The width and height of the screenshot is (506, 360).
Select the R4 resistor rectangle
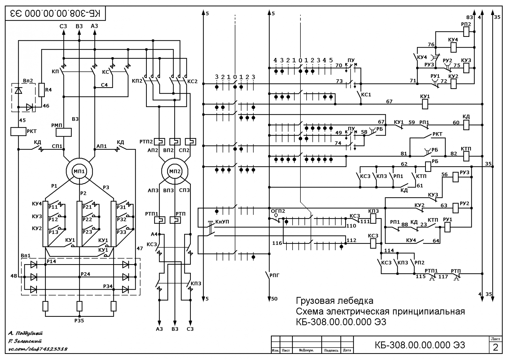pos(42,90)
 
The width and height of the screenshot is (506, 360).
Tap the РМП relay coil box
pos(64,132)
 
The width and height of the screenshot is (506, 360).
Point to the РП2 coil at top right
pos(466,32)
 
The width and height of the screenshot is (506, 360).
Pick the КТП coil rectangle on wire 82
pos(466,156)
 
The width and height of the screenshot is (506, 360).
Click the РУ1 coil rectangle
pos(447,227)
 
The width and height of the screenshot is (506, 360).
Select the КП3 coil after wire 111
pos(373,219)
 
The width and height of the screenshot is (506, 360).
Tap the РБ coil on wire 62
pos(428,166)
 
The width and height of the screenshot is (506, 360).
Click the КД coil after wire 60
pos(466,125)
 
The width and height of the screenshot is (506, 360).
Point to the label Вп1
pos(26,255)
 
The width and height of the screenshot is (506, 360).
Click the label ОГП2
pos(278,211)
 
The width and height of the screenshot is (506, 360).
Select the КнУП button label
pos(222,222)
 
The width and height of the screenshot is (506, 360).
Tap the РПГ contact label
pos(274,275)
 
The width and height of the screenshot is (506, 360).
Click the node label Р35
pos(79,321)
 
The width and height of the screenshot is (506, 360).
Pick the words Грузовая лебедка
pos(334,300)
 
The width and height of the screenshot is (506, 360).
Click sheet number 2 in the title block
pos(495,347)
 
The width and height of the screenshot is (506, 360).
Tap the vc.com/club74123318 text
pos(38,349)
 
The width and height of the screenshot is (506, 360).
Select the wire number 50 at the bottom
pos(274,299)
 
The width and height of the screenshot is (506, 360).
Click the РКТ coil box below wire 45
pos(18,131)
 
